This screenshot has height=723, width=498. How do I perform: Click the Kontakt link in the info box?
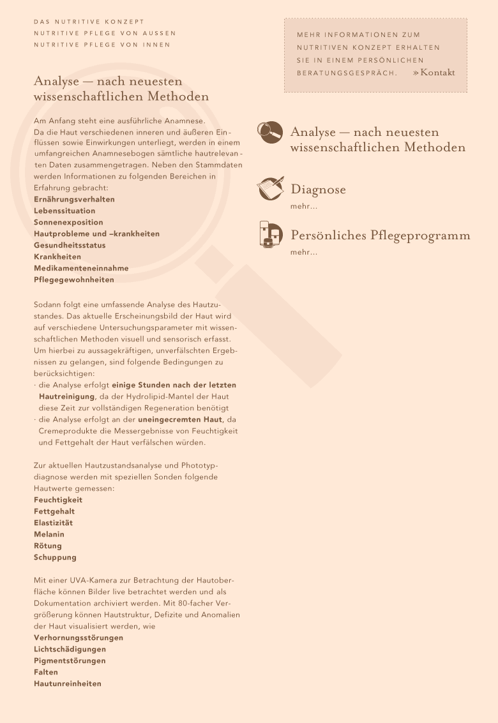click(437, 73)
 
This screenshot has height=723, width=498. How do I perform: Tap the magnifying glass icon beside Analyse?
click(269, 132)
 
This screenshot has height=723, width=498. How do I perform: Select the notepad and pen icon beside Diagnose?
click(269, 188)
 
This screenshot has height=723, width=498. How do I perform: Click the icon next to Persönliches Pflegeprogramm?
click(271, 234)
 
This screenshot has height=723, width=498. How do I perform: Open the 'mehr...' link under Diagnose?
click(303, 207)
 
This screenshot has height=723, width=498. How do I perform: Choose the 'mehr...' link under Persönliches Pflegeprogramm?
click(303, 253)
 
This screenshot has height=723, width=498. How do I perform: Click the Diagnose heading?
click(318, 190)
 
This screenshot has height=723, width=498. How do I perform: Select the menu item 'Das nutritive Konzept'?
click(89, 22)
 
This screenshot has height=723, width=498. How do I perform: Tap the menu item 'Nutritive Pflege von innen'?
click(102, 45)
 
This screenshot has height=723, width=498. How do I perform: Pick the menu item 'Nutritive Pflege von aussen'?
click(105, 33)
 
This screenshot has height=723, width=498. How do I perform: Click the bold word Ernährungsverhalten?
click(74, 199)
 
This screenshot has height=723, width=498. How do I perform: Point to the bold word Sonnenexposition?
click(68, 222)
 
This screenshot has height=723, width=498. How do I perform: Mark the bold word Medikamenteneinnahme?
click(81, 268)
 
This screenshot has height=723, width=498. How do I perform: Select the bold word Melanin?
click(49, 534)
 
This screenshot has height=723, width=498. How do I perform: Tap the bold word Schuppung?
click(55, 557)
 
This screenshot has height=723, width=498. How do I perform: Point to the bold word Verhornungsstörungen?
click(79, 637)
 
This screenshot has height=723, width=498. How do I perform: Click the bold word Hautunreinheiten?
click(68, 683)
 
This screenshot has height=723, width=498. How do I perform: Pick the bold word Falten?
click(46, 672)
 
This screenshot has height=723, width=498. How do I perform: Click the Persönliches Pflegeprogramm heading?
click(381, 235)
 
